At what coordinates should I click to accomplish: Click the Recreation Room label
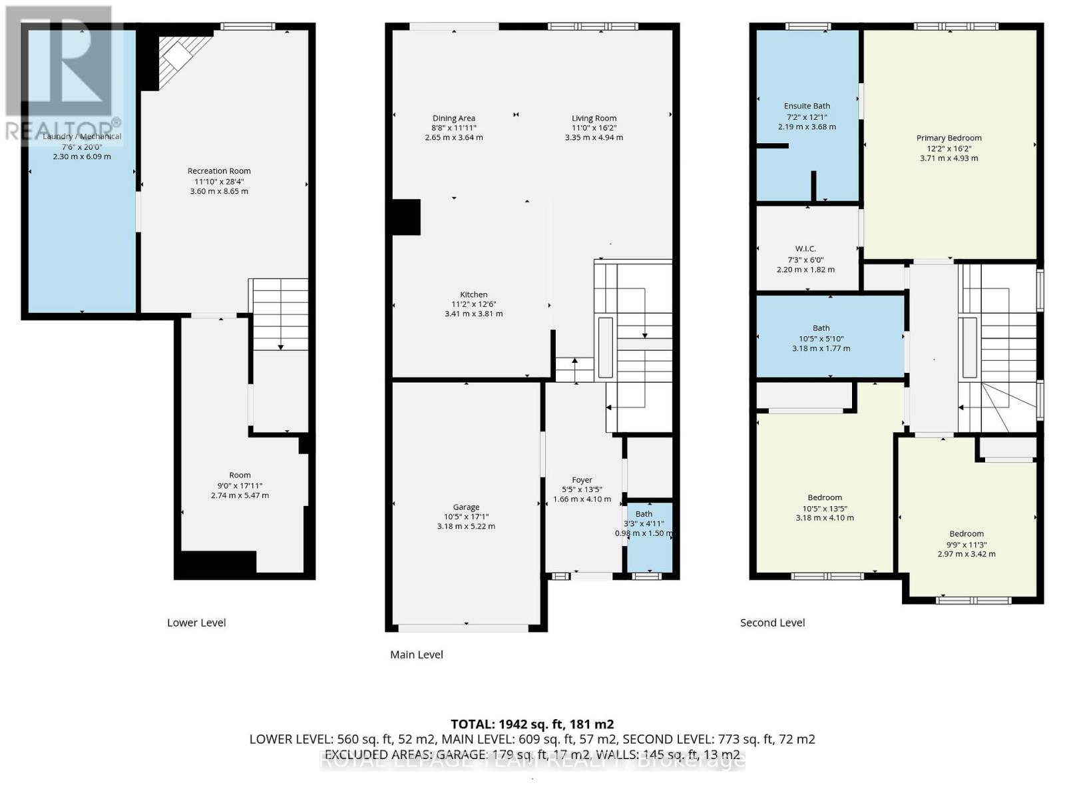click(219, 171)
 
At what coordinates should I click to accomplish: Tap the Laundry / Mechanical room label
click(82, 136)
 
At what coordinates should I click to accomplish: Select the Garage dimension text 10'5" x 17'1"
click(466, 517)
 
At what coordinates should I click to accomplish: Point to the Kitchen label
click(473, 294)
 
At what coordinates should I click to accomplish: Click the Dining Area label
click(453, 119)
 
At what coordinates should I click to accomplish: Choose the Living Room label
click(594, 119)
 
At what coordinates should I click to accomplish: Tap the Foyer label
click(582, 479)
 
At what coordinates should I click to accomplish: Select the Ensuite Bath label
click(807, 106)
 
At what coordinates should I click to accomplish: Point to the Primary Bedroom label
click(949, 138)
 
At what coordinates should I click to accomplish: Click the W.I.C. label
click(805, 249)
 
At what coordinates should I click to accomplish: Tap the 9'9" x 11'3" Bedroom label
click(966, 533)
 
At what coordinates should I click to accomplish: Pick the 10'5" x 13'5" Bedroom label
click(825, 497)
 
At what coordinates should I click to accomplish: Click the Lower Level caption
click(196, 623)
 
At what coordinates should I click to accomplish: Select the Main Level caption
click(417, 655)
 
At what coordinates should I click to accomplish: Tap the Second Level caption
click(772, 623)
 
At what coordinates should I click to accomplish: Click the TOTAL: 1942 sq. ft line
click(532, 724)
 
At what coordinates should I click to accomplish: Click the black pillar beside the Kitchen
click(406, 217)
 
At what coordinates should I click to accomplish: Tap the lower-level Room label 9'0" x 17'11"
click(240, 475)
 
